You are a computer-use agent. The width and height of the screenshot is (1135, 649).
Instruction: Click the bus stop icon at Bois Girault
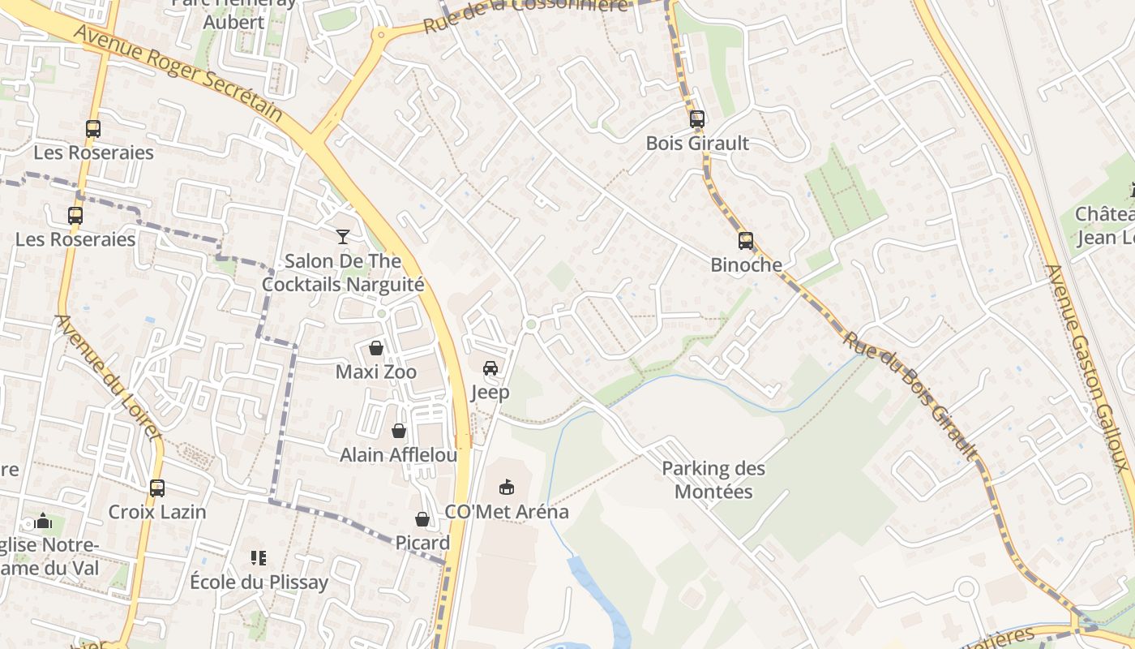point(697,119)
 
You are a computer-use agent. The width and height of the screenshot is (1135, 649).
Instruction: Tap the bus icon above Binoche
point(746,241)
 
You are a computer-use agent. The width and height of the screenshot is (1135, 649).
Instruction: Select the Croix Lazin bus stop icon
point(157,488)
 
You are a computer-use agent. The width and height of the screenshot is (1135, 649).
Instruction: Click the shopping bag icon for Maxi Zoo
point(376,348)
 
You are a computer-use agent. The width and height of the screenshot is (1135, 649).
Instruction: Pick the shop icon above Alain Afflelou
point(399,431)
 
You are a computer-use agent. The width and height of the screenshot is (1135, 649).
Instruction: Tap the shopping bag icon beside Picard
point(422,519)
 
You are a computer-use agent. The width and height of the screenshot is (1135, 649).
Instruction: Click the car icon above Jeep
point(490,368)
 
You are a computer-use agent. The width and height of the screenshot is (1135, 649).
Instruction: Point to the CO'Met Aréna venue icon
point(507,488)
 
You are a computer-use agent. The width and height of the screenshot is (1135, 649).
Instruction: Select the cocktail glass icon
point(343,237)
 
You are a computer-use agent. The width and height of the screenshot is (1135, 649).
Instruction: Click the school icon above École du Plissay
point(259,558)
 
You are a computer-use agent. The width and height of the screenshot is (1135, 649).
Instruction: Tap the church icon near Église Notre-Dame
point(44,521)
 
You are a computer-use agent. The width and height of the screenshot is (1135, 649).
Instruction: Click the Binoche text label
point(746,265)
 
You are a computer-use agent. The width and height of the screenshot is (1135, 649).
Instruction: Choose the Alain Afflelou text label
point(398,455)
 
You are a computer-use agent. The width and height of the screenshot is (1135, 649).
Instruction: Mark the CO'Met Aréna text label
point(507,513)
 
